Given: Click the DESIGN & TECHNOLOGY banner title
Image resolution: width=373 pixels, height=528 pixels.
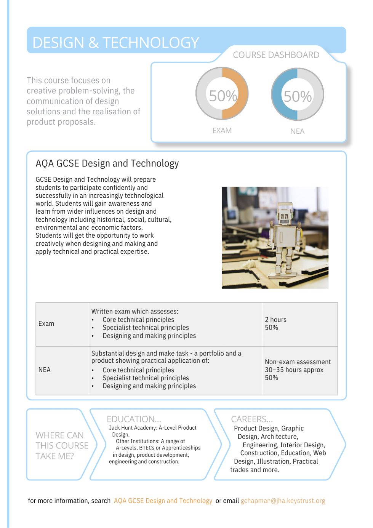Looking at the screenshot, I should (x=115, y=43).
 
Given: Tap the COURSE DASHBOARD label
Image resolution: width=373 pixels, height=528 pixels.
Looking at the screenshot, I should (x=276, y=55).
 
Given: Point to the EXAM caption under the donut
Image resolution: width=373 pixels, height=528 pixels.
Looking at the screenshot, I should (x=222, y=131).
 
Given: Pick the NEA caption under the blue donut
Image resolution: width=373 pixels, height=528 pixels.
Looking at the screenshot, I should (x=297, y=131).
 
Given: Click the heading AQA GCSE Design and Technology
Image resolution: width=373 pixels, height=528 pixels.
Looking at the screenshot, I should (x=107, y=163).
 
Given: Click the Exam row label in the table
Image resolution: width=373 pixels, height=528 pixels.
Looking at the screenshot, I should (x=46, y=323).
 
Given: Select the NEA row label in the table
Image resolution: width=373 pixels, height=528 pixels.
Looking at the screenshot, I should (x=45, y=370).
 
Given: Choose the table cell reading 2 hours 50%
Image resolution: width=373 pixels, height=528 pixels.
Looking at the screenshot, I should (x=275, y=323).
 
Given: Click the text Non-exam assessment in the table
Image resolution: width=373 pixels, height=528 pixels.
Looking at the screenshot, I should (x=298, y=362).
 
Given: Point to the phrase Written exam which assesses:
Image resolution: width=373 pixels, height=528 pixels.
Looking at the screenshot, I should (x=134, y=311).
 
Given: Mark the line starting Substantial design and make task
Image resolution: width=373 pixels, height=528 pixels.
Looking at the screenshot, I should (x=166, y=354).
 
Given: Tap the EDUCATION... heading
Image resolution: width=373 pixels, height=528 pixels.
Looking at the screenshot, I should (x=134, y=419).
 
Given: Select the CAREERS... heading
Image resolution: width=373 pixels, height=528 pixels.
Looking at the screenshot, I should (x=252, y=419).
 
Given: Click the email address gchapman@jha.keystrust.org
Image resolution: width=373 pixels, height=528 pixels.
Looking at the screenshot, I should (x=283, y=501).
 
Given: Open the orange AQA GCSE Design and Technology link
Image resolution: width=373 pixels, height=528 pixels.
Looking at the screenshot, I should (x=163, y=501).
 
